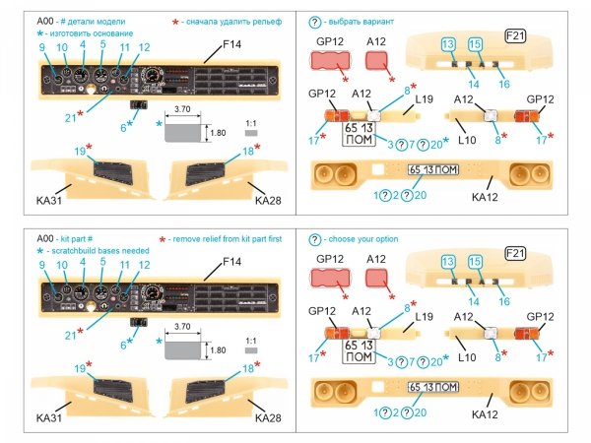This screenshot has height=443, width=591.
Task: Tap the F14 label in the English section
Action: pos(231,262)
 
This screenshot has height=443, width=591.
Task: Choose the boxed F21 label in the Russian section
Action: pos(516,36)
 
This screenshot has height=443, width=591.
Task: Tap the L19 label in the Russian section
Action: pos(426,100)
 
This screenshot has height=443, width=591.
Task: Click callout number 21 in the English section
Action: pos(70,336)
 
